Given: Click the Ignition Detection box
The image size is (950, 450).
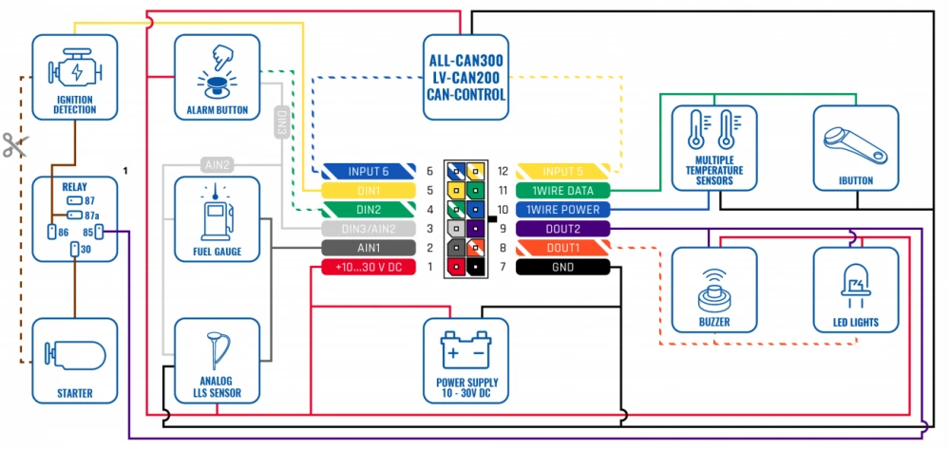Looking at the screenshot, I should pyautogui.click(x=74, y=77).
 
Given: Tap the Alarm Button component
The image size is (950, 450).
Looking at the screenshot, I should pyautogui.click(x=217, y=77).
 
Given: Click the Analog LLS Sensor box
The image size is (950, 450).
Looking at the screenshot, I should pyautogui.click(x=217, y=360).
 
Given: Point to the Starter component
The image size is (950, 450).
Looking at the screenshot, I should pyautogui.click(x=74, y=360).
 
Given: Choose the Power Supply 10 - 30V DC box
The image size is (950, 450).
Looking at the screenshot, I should pyautogui.click(x=465, y=360).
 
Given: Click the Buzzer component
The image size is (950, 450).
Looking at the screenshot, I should pyautogui.click(x=714, y=289).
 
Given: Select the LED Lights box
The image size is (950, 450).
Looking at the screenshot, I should pyautogui.click(x=855, y=289).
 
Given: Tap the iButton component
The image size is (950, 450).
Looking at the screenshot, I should pyautogui.click(x=855, y=147).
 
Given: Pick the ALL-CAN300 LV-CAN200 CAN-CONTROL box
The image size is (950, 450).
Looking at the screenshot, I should pyautogui.click(x=465, y=77).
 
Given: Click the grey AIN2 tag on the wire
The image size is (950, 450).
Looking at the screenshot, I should pyautogui.click(x=216, y=164).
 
